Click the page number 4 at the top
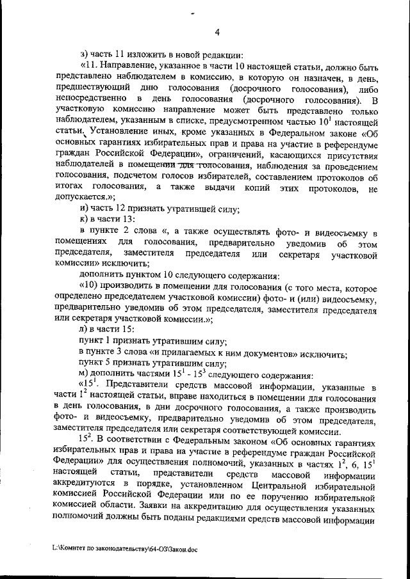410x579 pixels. [x=217, y=33]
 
